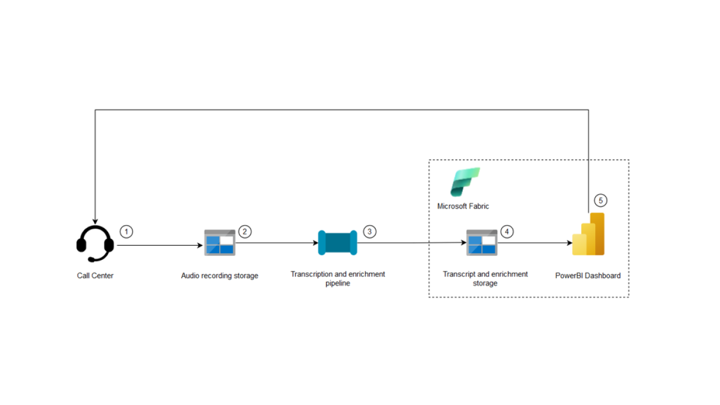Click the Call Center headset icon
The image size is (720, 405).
pyautogui.click(x=95, y=244)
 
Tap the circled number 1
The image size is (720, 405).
pyautogui.click(x=127, y=232)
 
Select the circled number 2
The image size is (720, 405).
pyautogui.click(x=245, y=231)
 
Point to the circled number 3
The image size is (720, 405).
pyautogui.click(x=370, y=231)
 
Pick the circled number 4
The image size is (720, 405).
pyautogui.click(x=507, y=231)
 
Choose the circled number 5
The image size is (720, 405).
pyautogui.click(x=601, y=200)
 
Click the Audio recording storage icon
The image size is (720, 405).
pyautogui.click(x=219, y=242)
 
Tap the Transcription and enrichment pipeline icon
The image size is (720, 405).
pyautogui.click(x=337, y=242)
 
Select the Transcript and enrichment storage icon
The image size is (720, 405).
pyautogui.click(x=482, y=242)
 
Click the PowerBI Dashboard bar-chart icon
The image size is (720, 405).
pyautogui.click(x=588, y=235)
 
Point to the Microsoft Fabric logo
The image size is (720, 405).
pyautogui.click(x=465, y=182)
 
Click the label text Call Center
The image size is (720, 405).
pyautogui.click(x=95, y=276)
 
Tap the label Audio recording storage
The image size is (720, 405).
pyautogui.click(x=219, y=276)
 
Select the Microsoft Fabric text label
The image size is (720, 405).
pyautogui.click(x=463, y=206)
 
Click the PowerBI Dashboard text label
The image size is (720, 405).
pyautogui.click(x=588, y=276)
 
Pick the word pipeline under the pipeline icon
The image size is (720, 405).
pyautogui.click(x=337, y=283)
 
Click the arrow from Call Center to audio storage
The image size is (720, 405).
pyautogui.click(x=160, y=245)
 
